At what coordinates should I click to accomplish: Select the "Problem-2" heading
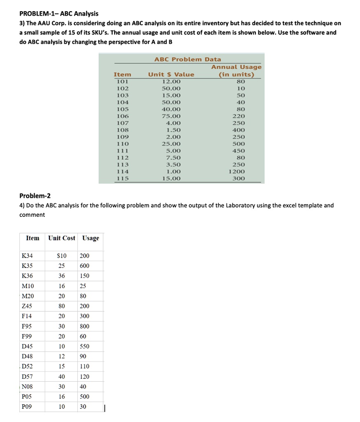(35, 195)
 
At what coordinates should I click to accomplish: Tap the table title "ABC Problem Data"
(187, 59)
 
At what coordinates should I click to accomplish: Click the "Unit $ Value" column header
(171, 75)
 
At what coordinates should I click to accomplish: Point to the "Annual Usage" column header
(236, 70)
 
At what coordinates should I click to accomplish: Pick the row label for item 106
(122, 116)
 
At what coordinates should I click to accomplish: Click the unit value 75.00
(171, 116)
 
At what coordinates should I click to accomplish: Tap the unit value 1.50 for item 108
(171, 130)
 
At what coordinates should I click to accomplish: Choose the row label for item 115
(122, 178)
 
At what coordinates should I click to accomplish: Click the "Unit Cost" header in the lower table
(62, 238)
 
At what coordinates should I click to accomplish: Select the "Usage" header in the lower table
(91, 238)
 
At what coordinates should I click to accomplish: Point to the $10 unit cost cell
(61, 256)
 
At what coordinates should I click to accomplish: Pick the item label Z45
(28, 306)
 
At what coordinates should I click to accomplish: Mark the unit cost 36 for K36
(61, 276)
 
